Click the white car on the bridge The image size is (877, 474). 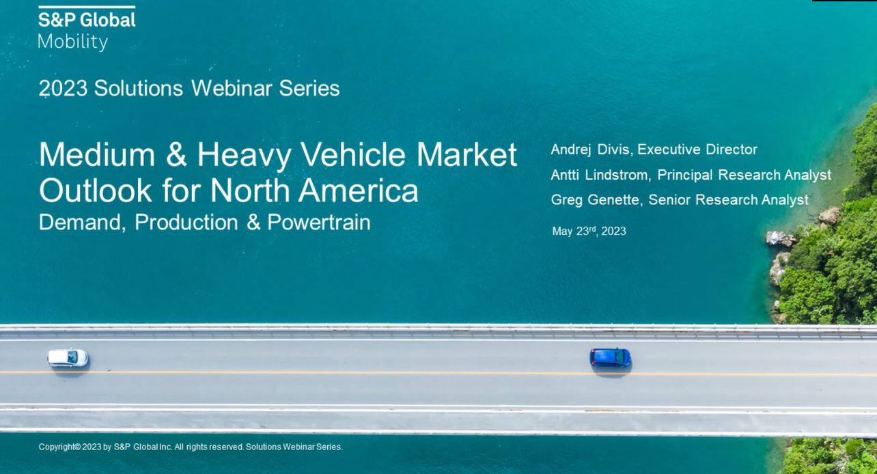68,358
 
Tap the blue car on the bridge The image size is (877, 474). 611,357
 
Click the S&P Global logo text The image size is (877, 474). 87,20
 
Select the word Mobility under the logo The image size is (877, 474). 73,42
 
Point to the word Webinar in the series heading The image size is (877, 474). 232,88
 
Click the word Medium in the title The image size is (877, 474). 97,154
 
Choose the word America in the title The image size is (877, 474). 358,191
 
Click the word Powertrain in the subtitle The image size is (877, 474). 319,223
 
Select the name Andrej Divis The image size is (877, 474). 590,150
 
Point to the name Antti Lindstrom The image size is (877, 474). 599,175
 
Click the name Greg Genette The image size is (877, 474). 595,199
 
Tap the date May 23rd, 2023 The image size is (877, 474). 589,231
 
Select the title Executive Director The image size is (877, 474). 697,150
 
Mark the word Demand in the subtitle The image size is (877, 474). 82,223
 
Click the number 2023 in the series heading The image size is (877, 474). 63,88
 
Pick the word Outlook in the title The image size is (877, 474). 95,191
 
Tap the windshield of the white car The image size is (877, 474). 72,357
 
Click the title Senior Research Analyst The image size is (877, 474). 728,199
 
